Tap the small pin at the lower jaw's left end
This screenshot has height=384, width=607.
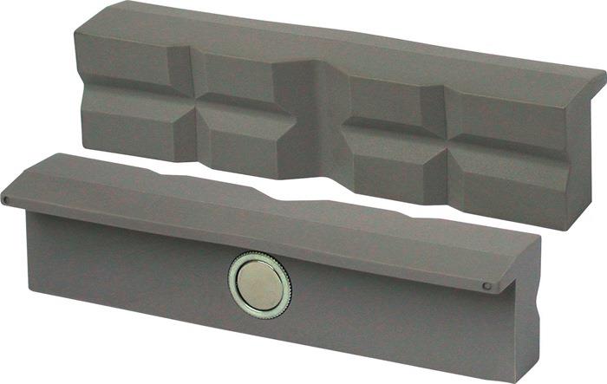[7, 200]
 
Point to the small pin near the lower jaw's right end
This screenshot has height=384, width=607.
[487, 286]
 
